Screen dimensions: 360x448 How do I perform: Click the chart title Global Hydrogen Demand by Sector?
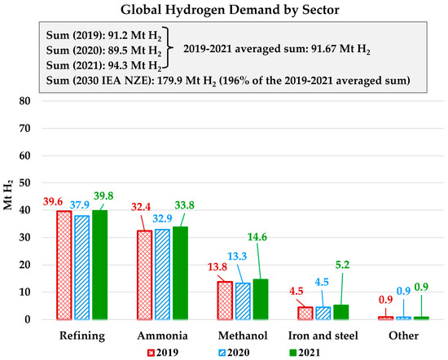coord(224,11)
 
